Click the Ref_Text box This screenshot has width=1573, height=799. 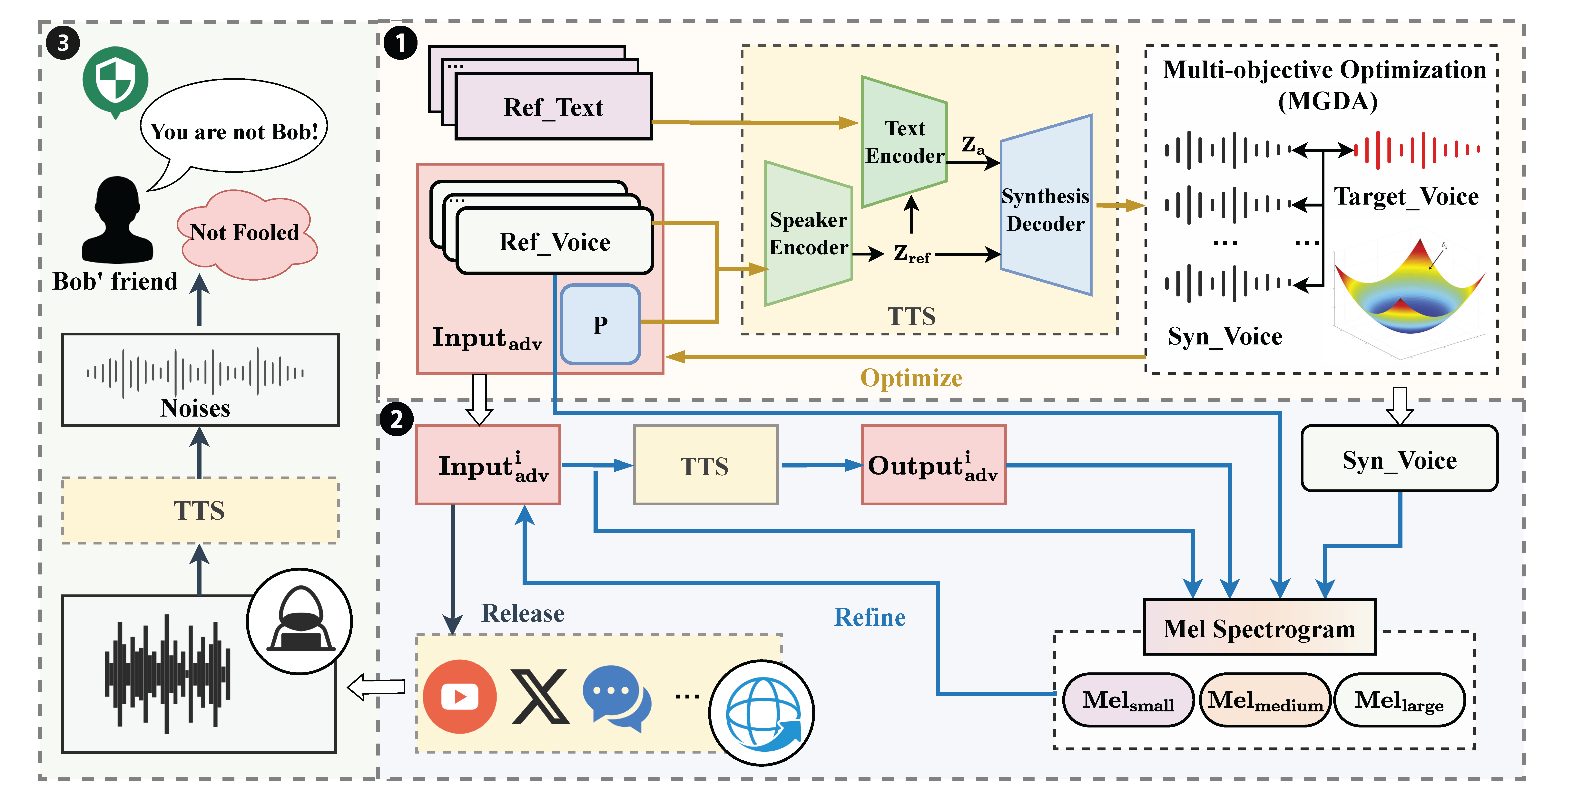click(x=553, y=106)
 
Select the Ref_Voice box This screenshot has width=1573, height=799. click(x=555, y=241)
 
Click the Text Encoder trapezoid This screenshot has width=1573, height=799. click(x=904, y=142)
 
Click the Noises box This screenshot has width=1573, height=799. click(x=200, y=380)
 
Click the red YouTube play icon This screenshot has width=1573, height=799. click(x=459, y=697)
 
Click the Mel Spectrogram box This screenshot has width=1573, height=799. click(x=1259, y=628)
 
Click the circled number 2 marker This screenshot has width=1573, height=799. click(x=396, y=419)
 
